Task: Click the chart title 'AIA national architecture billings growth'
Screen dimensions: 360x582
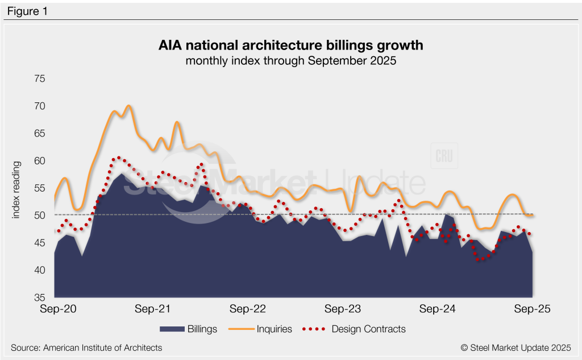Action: tap(290, 45)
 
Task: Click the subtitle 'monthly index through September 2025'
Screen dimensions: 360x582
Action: tap(290, 61)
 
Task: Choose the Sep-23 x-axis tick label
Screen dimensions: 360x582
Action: tap(342, 309)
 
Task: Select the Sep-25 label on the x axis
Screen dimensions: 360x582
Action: tap(532, 309)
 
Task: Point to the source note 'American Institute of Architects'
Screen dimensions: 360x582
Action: tap(86, 347)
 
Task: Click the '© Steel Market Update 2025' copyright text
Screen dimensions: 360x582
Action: tap(515, 347)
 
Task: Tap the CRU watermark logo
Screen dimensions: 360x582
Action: tap(444, 156)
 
